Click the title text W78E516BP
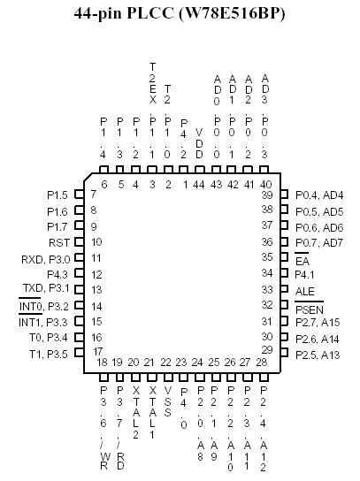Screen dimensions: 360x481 click(232, 13)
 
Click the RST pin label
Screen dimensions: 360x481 click(59, 243)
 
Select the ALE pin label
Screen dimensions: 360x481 click(305, 291)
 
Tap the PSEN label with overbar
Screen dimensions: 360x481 click(310, 308)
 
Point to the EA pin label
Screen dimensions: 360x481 click(303, 259)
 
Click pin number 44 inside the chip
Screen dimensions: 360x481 click(199, 185)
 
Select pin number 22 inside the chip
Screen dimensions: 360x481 click(165, 363)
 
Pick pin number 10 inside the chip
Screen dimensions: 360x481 click(96, 242)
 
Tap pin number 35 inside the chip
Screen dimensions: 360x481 click(267, 257)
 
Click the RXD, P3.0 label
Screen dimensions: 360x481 click(46, 260)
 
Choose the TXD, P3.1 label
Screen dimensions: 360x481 click(46, 288)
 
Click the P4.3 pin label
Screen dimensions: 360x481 click(57, 275)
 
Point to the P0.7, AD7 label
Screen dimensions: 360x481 click(319, 243)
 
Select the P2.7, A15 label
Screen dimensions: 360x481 click(318, 323)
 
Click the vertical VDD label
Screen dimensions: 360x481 click(199, 143)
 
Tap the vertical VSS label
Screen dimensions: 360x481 click(167, 401)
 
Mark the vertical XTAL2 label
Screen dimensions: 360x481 click(136, 412)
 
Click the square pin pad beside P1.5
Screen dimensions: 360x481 click(80, 195)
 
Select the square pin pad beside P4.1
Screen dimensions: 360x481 click(285, 273)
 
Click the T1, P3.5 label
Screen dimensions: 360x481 click(49, 355)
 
